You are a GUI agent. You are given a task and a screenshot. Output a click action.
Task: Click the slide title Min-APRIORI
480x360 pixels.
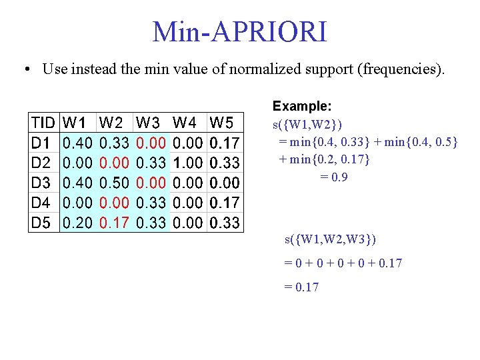(240, 31)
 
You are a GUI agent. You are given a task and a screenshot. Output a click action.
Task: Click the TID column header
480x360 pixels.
(43, 123)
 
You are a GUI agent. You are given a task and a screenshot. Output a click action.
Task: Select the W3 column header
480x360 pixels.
(148, 123)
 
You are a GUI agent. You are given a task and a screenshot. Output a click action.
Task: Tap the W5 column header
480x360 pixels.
(222, 123)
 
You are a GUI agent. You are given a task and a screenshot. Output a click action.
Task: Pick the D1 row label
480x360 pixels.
(41, 143)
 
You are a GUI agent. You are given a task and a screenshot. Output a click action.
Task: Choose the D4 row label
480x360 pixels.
(41, 203)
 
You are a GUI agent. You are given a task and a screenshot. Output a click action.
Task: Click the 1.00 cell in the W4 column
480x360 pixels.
(187, 163)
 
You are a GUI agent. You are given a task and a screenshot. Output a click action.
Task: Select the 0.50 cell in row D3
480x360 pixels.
(113, 183)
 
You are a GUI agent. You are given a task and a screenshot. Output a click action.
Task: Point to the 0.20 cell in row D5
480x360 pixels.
(77, 223)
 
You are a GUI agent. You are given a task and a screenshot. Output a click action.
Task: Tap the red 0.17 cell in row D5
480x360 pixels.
(113, 223)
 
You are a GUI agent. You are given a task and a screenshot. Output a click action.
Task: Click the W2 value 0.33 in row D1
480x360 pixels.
(113, 143)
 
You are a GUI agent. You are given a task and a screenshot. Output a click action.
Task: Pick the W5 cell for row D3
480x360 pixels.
(225, 183)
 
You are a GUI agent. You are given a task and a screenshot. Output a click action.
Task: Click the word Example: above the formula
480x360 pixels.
(302, 106)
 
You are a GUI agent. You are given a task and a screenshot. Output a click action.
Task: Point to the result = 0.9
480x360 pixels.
(334, 177)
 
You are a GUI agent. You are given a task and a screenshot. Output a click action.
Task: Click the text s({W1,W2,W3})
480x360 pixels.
(333, 239)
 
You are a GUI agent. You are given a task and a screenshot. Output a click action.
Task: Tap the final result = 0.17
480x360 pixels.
(301, 287)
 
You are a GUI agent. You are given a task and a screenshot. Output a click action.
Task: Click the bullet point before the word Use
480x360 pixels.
(26, 69)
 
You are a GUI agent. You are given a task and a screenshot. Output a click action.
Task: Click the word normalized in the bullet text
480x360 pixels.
(261, 69)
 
